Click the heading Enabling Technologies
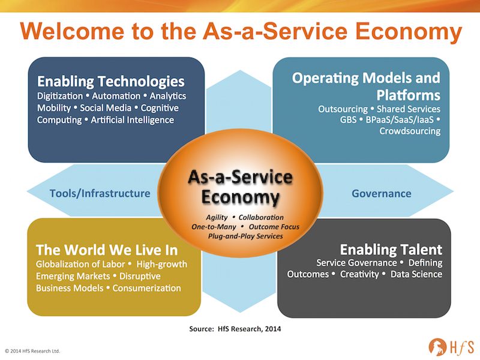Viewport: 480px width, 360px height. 111,82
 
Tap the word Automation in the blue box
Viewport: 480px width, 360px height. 116,96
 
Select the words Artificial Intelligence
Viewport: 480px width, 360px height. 132,120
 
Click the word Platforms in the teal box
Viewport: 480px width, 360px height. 409,95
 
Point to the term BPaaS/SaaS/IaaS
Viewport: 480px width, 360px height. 400,119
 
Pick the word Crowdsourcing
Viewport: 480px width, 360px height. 410,131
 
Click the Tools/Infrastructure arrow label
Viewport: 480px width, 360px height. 100,193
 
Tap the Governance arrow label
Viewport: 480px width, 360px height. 382,193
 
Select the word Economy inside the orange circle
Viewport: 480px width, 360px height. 241,197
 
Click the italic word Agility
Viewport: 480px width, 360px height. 217,217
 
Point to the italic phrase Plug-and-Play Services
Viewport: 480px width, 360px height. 245,236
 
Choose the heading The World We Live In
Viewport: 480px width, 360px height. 107,250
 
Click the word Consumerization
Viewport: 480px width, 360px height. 146,289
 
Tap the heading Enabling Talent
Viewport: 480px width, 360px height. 391,250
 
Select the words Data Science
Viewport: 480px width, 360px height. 416,274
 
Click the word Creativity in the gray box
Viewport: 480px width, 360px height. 359,274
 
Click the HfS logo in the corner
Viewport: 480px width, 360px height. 451,347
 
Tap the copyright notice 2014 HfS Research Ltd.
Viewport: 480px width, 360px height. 32,351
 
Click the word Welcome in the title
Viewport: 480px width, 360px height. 72,31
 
